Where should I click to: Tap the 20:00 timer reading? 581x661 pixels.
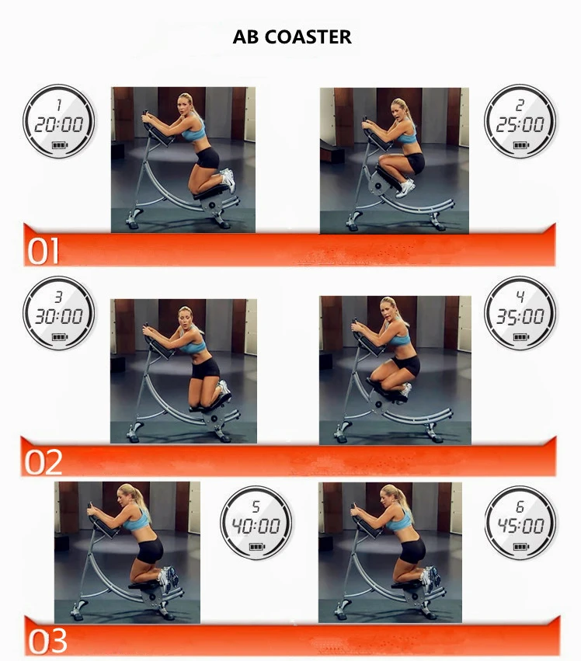click(x=58, y=125)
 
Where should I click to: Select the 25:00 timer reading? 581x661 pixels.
click(x=520, y=125)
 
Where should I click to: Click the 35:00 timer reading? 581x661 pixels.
click(x=520, y=316)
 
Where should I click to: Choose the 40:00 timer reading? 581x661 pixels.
click(x=256, y=526)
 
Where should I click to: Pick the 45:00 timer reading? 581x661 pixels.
click(x=520, y=526)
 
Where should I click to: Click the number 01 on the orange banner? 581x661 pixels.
click(x=43, y=251)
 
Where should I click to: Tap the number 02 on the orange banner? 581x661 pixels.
click(x=43, y=462)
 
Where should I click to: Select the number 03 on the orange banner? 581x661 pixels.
click(x=47, y=641)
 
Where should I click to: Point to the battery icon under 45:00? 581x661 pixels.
click(x=521, y=547)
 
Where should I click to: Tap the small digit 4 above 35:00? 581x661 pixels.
click(x=520, y=297)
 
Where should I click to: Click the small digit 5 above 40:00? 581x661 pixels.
click(x=256, y=506)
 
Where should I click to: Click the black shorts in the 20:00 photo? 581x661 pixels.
click(x=207, y=158)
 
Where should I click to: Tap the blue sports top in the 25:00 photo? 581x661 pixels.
click(x=407, y=137)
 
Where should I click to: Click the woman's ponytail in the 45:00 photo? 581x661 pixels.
click(x=406, y=502)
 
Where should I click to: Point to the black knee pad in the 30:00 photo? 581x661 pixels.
click(x=210, y=405)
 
